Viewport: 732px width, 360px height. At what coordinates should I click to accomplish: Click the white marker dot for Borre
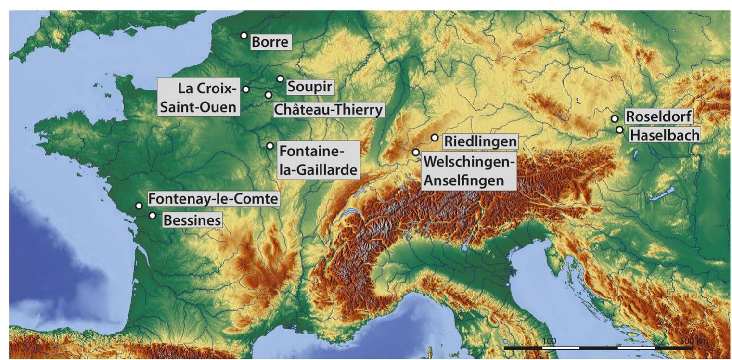(x=244, y=35)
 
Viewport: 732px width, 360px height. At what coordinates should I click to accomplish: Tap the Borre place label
(x=271, y=43)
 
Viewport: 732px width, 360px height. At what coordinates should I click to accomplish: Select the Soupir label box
(x=310, y=87)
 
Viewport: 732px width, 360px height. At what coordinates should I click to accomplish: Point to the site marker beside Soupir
(x=280, y=78)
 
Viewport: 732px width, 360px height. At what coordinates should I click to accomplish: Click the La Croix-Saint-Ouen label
(x=199, y=97)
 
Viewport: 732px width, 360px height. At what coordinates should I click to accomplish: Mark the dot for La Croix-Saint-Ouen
(x=246, y=89)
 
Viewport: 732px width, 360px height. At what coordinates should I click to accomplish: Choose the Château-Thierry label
(x=329, y=109)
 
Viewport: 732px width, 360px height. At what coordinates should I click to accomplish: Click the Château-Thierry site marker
(x=268, y=95)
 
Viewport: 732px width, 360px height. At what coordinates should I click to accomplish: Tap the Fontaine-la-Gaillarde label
(x=319, y=160)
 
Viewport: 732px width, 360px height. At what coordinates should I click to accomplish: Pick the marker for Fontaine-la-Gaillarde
(x=270, y=145)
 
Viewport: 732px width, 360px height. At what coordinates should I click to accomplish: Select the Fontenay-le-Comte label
(x=213, y=199)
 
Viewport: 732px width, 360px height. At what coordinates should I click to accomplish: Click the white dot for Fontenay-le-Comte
(x=139, y=206)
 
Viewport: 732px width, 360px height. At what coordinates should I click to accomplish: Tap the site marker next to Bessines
(x=153, y=216)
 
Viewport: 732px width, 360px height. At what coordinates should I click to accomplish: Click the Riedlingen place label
(x=480, y=142)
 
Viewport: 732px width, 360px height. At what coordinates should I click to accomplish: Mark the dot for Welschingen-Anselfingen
(x=416, y=152)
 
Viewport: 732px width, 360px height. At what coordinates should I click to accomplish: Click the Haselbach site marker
(x=619, y=129)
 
